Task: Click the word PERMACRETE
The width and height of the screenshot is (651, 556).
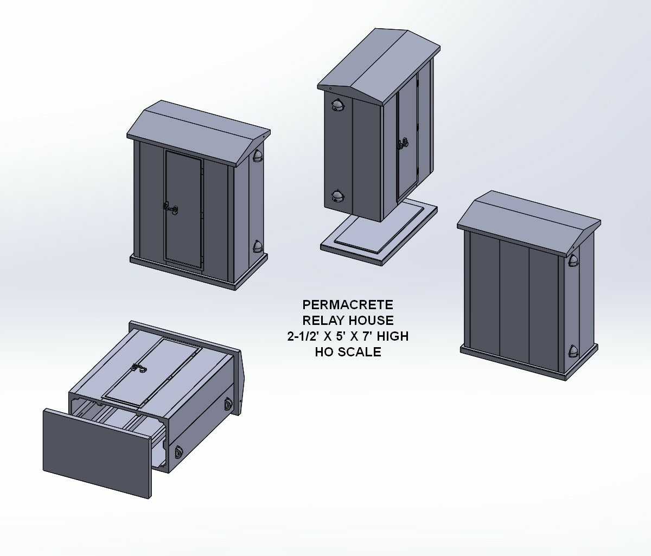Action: [348, 305]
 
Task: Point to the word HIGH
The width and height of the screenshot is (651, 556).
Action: [393, 336]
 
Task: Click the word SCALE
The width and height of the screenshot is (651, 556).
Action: [359, 352]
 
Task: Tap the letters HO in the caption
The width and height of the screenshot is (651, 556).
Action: [324, 352]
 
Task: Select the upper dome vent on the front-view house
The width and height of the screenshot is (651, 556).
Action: [257, 156]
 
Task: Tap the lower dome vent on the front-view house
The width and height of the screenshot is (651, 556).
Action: [257, 246]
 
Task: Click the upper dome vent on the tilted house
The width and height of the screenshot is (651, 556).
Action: [337, 104]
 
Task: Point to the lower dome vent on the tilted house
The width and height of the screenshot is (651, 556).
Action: [337, 196]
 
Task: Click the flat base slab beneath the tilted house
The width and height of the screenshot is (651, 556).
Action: [379, 233]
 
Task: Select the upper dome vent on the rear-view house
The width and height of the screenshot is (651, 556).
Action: [573, 260]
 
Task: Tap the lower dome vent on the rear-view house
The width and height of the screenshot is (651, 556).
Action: [573, 352]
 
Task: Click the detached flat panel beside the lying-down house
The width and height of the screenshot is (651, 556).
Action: [97, 453]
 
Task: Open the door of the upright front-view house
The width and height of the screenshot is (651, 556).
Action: [183, 210]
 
